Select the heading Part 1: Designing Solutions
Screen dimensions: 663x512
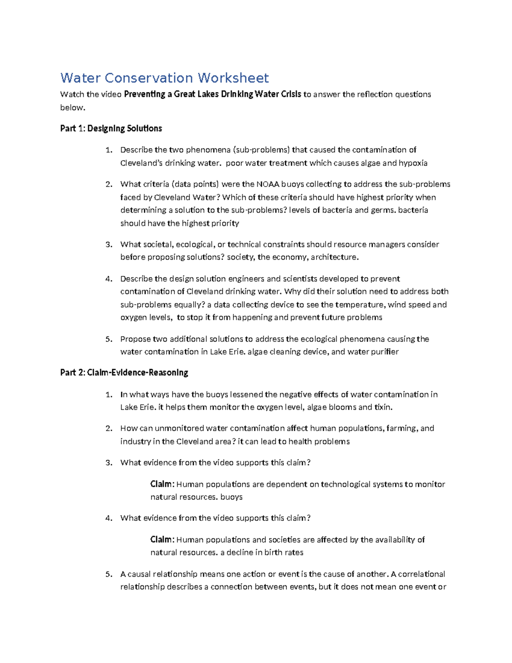pos(111,129)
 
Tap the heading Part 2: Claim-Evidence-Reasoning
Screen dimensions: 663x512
pos(124,373)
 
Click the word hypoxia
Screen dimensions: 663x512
pos(413,163)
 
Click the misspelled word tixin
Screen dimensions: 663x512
pos(383,407)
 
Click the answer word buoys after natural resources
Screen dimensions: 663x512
pos(232,497)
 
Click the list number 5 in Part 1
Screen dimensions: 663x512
pos(109,339)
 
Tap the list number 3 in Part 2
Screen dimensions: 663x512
pos(109,463)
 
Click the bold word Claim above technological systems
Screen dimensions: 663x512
pos(162,484)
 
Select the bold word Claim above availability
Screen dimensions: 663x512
pos(162,540)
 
